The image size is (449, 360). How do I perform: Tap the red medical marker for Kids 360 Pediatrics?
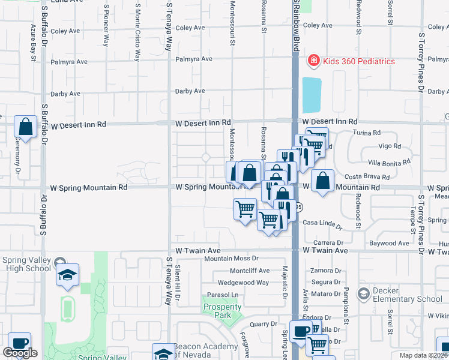pos(313,61)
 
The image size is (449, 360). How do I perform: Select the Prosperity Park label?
pos(222,311)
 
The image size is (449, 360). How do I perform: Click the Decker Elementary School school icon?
pos(363,293)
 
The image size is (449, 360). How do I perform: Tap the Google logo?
pos(20,353)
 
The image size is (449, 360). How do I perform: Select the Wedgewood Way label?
pos(243,283)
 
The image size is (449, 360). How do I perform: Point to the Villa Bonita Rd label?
pos(389,162)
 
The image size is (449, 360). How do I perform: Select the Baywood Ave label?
pos(389,244)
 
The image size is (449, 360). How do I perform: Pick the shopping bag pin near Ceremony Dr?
pos(26,127)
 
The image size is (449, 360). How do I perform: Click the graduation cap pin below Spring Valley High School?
pos(68,275)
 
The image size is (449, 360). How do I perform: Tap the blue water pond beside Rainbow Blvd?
pos(312,95)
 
